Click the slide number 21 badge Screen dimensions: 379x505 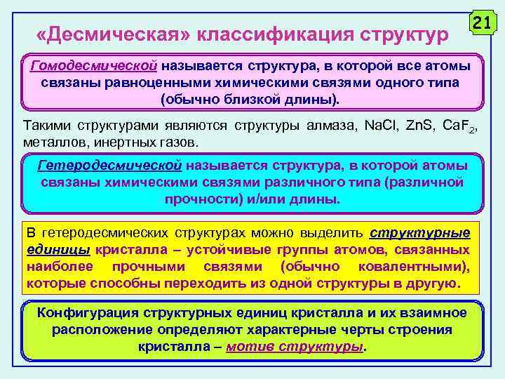(x=480, y=22)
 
